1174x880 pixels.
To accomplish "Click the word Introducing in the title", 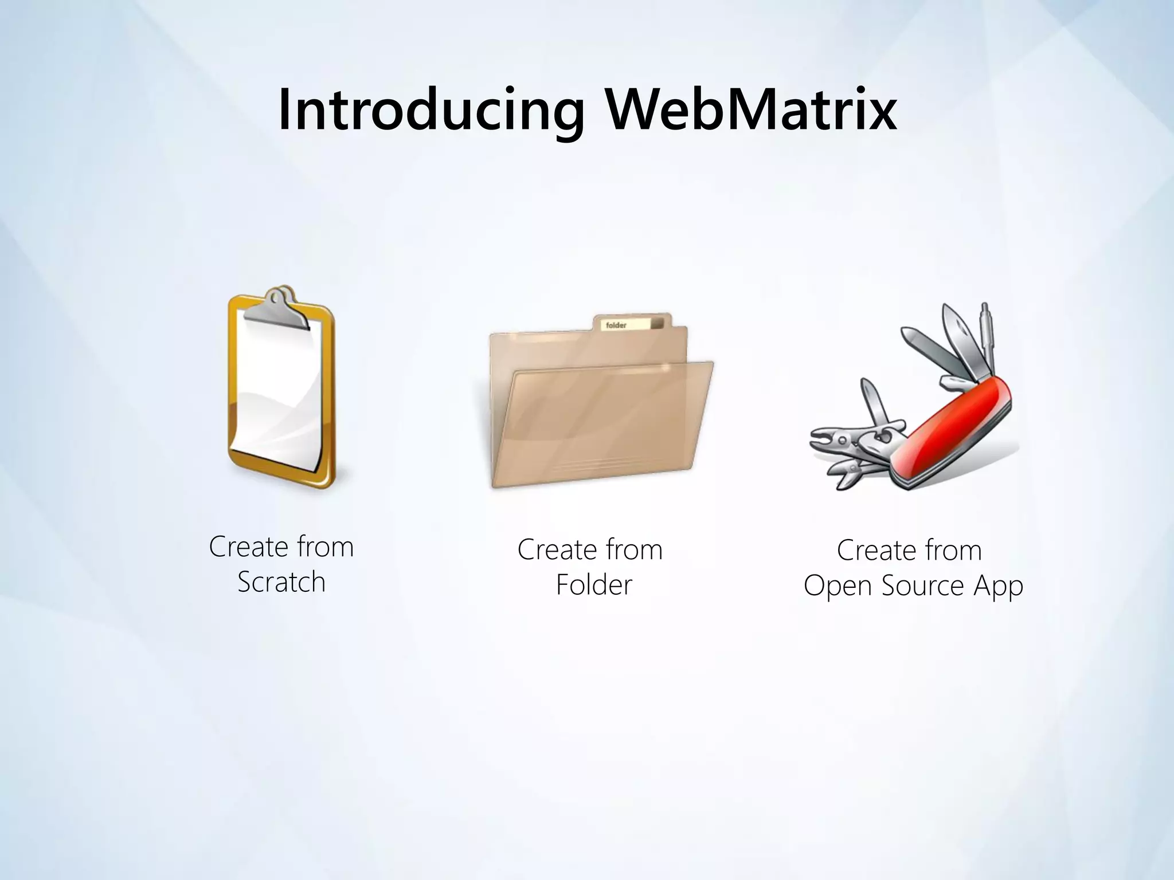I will pyautogui.click(x=431, y=111).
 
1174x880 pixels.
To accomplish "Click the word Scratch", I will pyautogui.click(x=281, y=583).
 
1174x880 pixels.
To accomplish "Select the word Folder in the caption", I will pyautogui.click(x=594, y=586).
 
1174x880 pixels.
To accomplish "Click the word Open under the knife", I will pyautogui.click(x=838, y=586).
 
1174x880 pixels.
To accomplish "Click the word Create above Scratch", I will pyautogui.click(x=248, y=547).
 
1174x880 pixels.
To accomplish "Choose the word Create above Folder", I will pyautogui.click(x=556, y=550).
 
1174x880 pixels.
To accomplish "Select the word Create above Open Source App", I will pyautogui.click(x=875, y=551).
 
